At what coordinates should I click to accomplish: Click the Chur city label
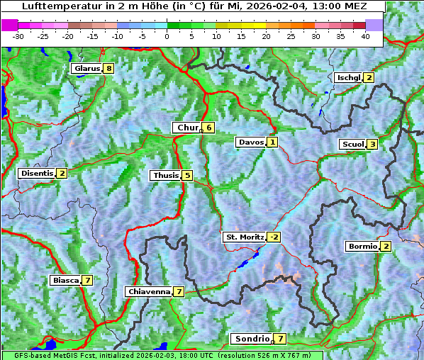pos(187,128)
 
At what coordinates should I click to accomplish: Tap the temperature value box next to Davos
pos(272,142)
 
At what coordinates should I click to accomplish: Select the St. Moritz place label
pos(244,237)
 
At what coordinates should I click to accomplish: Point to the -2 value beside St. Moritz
pos(274,237)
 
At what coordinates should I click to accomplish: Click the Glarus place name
pos(86,69)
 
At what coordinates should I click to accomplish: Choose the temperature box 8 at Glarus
pos(108,69)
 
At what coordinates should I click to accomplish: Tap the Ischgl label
pos(348,77)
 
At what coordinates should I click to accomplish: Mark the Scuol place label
pos(352,144)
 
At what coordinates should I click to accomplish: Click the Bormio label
pos(362,247)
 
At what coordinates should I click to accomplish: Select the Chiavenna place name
pos(148,291)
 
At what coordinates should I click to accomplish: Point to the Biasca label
pos(65,280)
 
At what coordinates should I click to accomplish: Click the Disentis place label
pos(36,173)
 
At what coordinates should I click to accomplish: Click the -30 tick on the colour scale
pos(18,35)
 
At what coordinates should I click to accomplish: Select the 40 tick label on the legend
pos(365,35)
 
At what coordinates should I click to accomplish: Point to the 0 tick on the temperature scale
pos(167,35)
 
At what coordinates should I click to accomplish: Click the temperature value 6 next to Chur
pos(209,128)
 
